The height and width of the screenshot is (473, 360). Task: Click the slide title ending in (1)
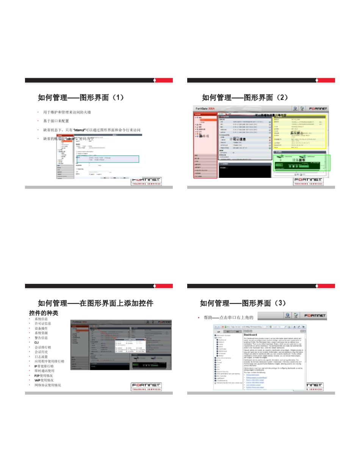(x=81, y=97)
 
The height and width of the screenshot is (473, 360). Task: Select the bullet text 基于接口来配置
(x=56, y=121)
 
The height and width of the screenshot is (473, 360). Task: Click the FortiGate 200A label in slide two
(x=205, y=108)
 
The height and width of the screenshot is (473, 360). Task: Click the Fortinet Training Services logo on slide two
(x=308, y=181)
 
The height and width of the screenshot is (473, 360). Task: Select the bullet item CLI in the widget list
(x=37, y=342)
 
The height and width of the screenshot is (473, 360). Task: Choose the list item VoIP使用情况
(x=44, y=380)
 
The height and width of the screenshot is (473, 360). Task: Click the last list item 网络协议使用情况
(x=48, y=385)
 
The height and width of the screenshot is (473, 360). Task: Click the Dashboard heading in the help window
(x=251, y=335)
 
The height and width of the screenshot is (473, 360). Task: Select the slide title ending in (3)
(x=243, y=303)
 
